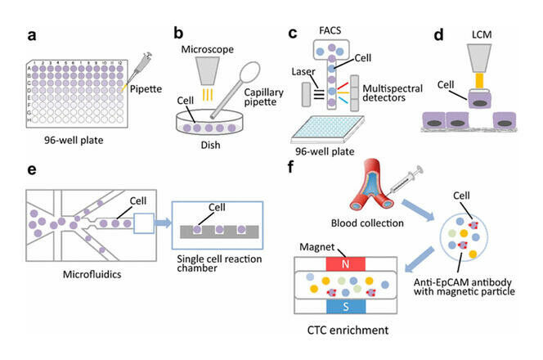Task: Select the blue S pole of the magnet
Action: point(349,306)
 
